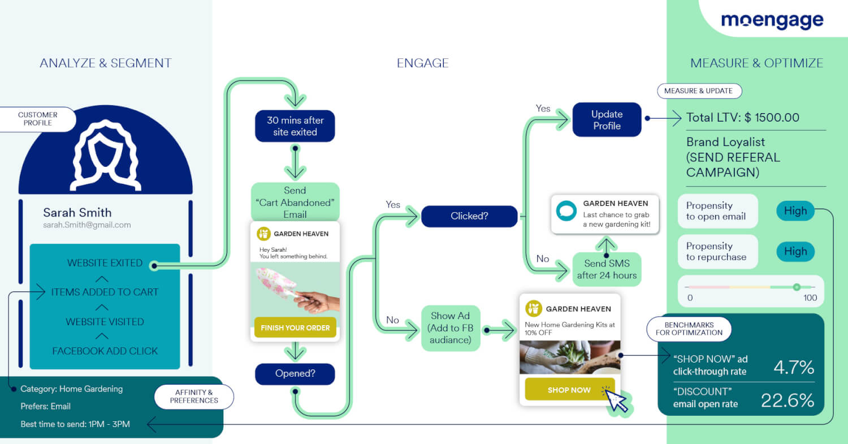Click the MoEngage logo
[772, 20]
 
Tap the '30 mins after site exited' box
[295, 126]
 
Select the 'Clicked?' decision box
[469, 216]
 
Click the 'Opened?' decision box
[295, 374]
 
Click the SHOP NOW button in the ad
[569, 390]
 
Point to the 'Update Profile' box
[607, 120]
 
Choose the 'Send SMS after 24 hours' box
[607, 269]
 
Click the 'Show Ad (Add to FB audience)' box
[451, 328]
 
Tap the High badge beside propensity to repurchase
[795, 252]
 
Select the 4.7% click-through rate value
[793, 367]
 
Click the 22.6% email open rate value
[787, 400]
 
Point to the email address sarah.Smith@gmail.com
[87, 225]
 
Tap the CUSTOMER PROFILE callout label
[38, 119]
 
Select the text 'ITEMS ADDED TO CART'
[105, 292]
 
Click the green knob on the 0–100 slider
[797, 287]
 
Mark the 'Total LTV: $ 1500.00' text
[742, 118]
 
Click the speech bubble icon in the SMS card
[566, 210]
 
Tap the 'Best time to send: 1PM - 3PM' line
[75, 424]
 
